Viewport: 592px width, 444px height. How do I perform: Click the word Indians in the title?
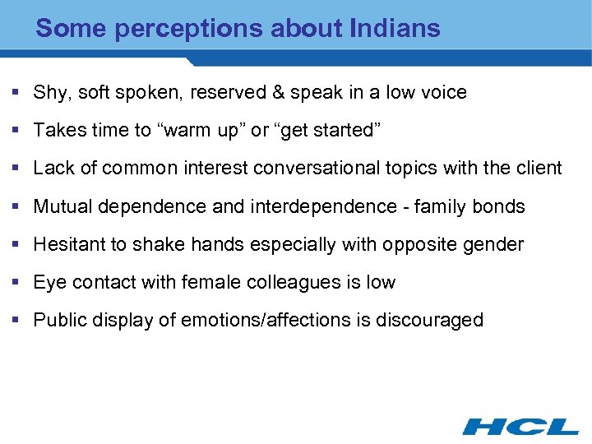(x=395, y=29)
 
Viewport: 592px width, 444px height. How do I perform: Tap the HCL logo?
(x=520, y=426)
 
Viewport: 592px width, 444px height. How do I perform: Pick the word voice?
(x=444, y=93)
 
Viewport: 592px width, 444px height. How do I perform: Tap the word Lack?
(x=53, y=169)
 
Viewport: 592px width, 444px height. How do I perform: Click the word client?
(x=539, y=169)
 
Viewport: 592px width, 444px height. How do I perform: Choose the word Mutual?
(x=62, y=206)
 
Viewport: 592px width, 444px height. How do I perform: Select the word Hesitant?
(x=68, y=244)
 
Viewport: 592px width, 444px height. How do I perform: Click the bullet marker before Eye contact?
(x=18, y=282)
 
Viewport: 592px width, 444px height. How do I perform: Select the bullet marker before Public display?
(x=18, y=320)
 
